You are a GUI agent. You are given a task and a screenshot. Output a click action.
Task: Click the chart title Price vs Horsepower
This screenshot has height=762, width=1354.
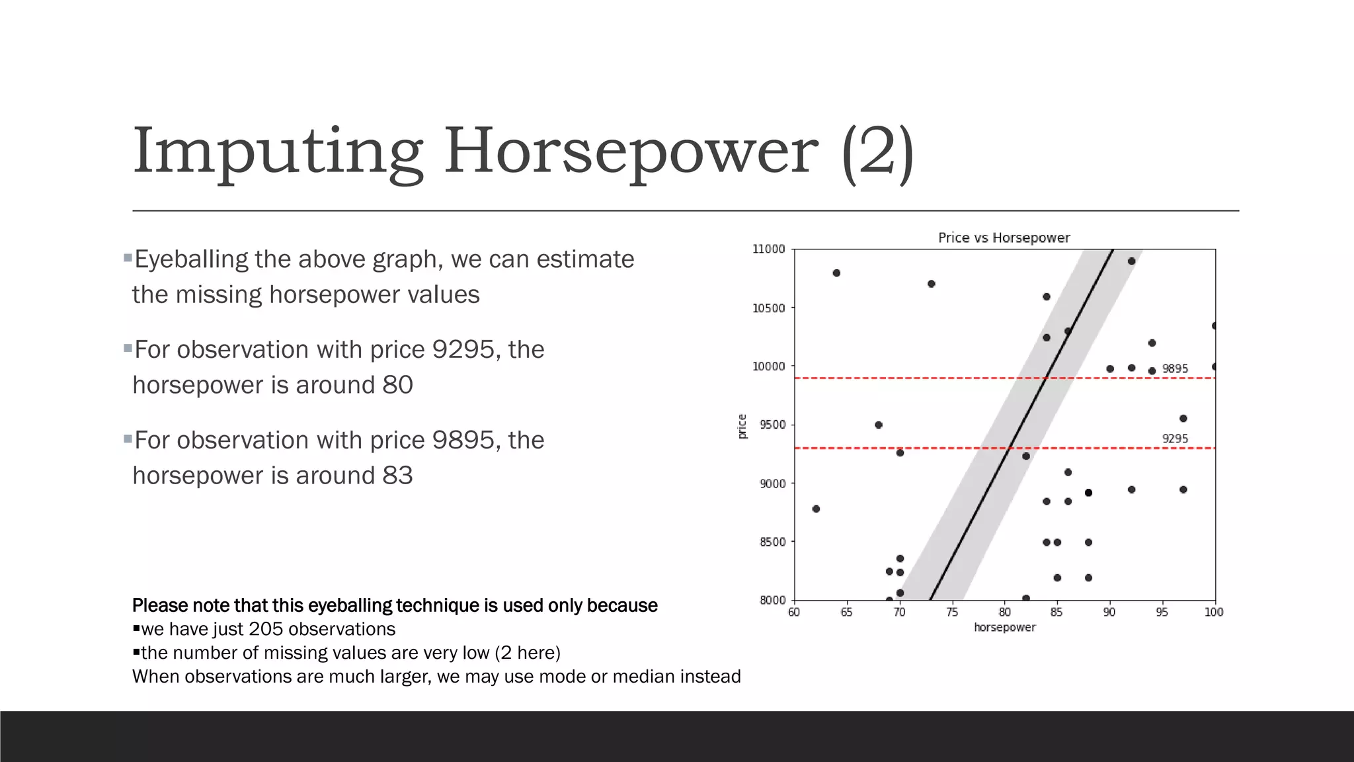pyautogui.click(x=1004, y=237)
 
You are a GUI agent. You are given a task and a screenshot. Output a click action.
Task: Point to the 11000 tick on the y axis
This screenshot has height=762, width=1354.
pyautogui.click(x=769, y=249)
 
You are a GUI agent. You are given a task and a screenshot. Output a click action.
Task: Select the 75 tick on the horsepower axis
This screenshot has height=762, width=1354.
pyautogui.click(x=952, y=613)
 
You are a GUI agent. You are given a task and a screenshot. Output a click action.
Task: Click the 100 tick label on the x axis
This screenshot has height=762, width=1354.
pyautogui.click(x=1214, y=613)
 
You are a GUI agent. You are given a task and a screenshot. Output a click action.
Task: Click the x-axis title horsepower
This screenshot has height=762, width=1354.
pyautogui.click(x=1004, y=627)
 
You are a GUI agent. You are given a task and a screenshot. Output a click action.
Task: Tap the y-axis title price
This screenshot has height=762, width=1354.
pyautogui.click(x=742, y=426)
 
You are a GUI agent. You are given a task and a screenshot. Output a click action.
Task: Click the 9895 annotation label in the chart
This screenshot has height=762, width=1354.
pyautogui.click(x=1175, y=368)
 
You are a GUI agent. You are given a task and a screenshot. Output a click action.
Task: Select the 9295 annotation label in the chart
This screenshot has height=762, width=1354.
pyautogui.click(x=1175, y=439)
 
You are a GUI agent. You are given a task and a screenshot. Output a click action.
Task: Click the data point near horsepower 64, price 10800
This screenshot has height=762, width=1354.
pyautogui.click(x=836, y=273)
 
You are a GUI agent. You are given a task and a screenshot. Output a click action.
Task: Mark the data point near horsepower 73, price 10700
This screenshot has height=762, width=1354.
pyautogui.click(x=931, y=284)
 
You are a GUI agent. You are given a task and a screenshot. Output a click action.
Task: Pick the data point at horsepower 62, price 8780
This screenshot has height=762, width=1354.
pyautogui.click(x=816, y=509)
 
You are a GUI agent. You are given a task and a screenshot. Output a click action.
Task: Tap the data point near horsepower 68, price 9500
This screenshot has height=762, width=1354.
pyautogui.click(x=879, y=425)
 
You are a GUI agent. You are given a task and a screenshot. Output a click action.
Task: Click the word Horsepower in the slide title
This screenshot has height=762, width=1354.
pyautogui.click(x=631, y=151)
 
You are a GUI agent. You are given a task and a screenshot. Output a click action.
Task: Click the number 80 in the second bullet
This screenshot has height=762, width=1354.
pyautogui.click(x=397, y=385)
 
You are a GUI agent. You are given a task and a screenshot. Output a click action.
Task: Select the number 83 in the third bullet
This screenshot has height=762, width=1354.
pyautogui.click(x=397, y=476)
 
